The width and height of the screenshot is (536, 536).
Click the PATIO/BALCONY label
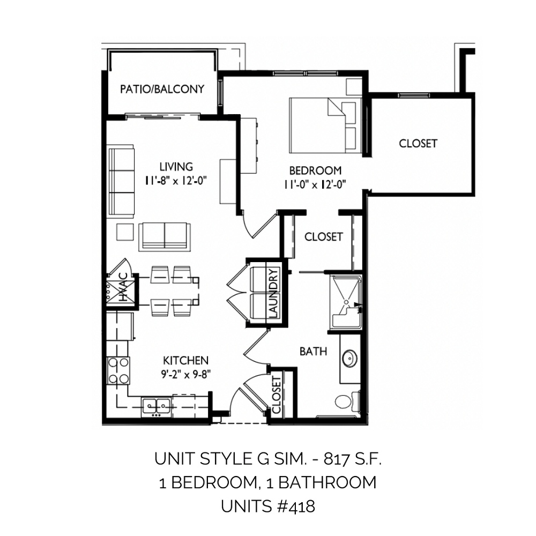click(162, 89)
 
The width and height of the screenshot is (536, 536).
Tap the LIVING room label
click(176, 167)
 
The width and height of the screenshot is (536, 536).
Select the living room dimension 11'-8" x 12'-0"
click(176, 180)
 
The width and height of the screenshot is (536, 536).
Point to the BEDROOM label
click(315, 170)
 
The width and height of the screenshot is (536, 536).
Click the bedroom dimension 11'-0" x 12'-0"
click(315, 184)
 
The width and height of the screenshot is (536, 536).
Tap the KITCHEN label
click(185, 361)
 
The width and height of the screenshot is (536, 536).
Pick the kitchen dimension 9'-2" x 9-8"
click(185, 375)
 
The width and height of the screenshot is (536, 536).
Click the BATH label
click(313, 352)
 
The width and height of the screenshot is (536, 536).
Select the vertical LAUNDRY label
click(274, 293)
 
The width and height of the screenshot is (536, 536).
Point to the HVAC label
click(122, 287)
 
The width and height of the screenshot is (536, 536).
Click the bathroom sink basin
click(349, 359)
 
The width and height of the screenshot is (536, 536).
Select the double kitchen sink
click(157, 407)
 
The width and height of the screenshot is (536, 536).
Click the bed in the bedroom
click(325, 125)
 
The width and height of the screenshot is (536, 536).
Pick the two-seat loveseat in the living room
click(165, 236)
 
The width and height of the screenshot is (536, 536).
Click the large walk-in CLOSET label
click(418, 144)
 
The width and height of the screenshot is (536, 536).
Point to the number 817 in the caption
click(336, 459)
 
